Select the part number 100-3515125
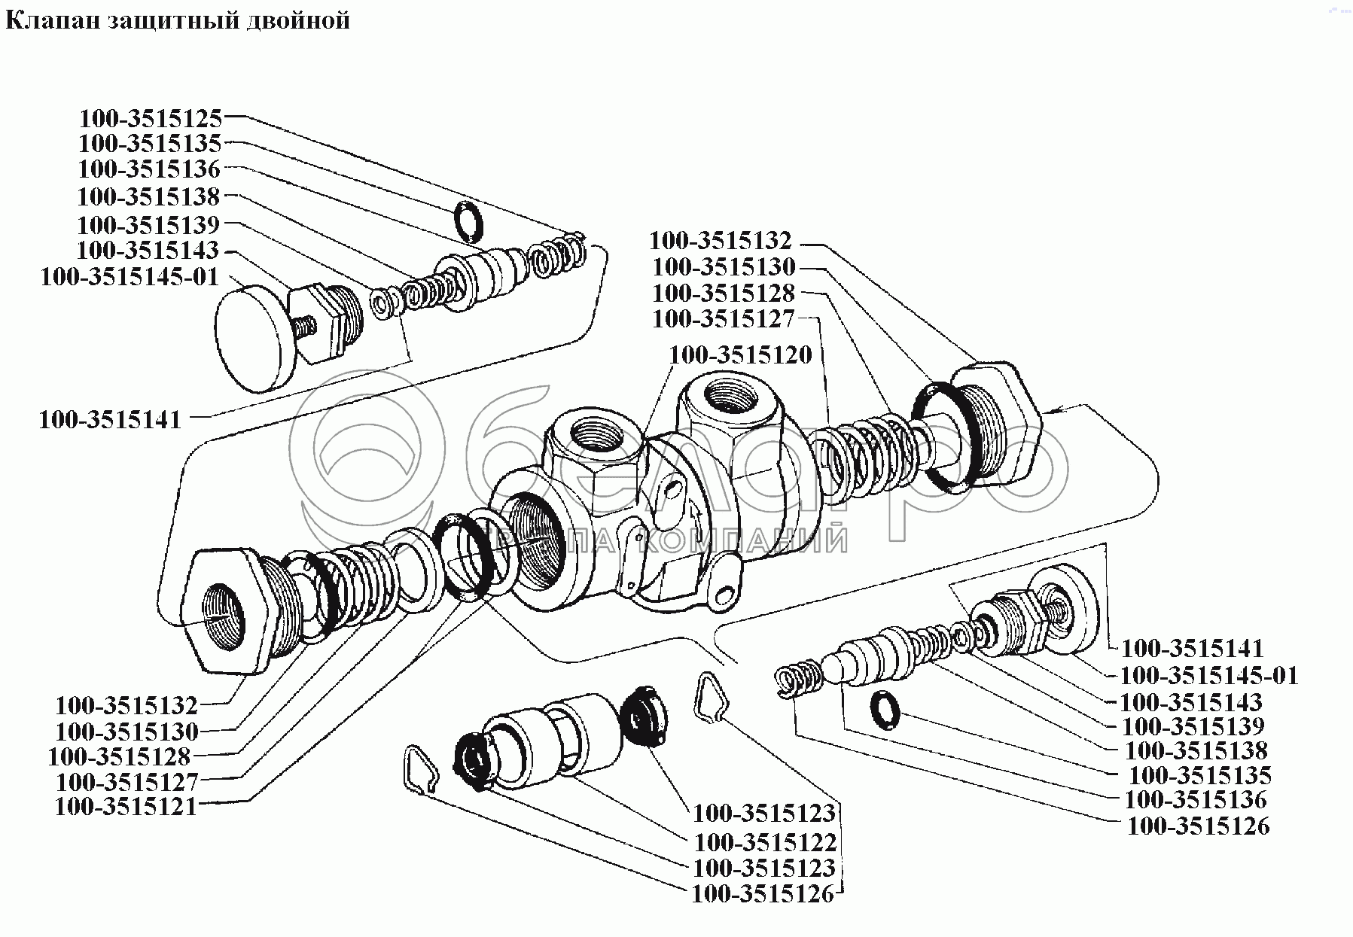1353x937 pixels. (151, 119)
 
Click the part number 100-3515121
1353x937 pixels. (126, 807)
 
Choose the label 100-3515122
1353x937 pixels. (765, 842)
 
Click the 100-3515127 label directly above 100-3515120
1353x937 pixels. (724, 319)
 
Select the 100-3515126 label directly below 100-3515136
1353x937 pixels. (1198, 826)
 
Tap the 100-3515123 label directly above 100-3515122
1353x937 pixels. (764, 813)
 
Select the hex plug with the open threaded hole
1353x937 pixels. (224, 609)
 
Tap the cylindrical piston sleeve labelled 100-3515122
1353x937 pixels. (553, 734)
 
